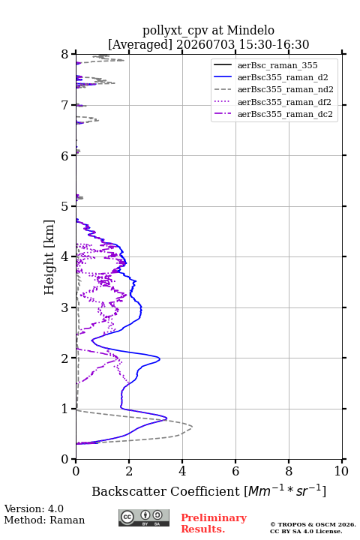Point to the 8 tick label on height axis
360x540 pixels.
(x=65, y=55)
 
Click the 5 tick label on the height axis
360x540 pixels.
(x=65, y=206)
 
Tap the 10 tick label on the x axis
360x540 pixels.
(x=341, y=471)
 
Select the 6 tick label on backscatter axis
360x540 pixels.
(x=235, y=471)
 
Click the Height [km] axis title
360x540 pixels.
(x=49, y=257)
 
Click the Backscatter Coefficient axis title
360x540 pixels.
(x=208, y=490)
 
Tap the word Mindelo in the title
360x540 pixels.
(x=250, y=30)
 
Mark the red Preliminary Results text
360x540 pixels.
(x=214, y=523)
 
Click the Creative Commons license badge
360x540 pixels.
(x=144, y=518)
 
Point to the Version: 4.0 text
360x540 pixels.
(x=34, y=508)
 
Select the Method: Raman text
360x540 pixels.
(x=44, y=520)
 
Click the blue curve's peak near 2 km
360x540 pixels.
(x=160, y=358)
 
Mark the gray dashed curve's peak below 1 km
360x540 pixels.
(x=192, y=427)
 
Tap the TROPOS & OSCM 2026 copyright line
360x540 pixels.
(x=313, y=524)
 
